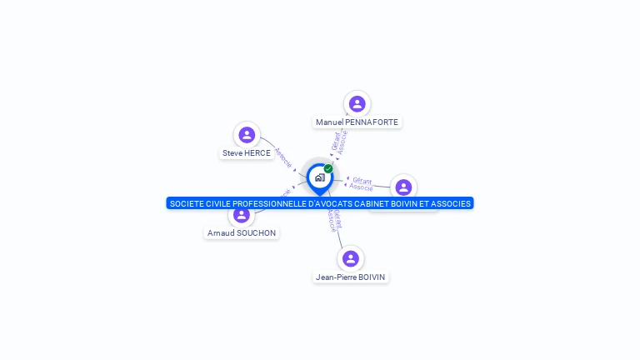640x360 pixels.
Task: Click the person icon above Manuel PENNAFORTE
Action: [x=357, y=104]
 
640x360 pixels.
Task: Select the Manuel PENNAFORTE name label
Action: [x=357, y=122]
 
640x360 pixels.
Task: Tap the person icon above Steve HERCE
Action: [x=247, y=135]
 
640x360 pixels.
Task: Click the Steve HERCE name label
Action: [x=247, y=153]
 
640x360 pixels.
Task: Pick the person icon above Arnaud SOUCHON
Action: [x=242, y=215]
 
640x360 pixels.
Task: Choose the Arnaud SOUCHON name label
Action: [x=242, y=233]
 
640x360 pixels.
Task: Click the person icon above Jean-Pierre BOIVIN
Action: [x=351, y=258]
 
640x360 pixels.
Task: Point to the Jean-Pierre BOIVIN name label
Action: [x=351, y=277]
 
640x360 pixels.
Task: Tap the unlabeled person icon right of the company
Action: [x=403, y=187]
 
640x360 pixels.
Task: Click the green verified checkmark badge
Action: [x=328, y=168]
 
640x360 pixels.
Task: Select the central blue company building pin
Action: [x=319, y=177]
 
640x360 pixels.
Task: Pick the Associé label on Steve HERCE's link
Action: [x=282, y=157]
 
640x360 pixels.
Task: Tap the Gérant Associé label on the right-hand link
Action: [x=362, y=183]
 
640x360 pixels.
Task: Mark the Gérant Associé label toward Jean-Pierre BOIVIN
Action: [x=332, y=220]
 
